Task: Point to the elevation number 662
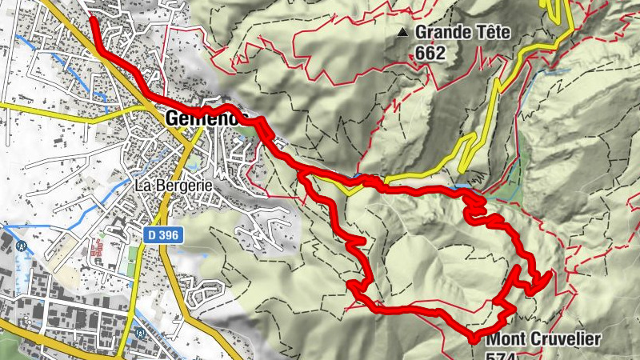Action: pos(430,54)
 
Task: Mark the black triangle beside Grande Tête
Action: pos(403,34)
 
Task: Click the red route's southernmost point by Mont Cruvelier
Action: pos(474,338)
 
